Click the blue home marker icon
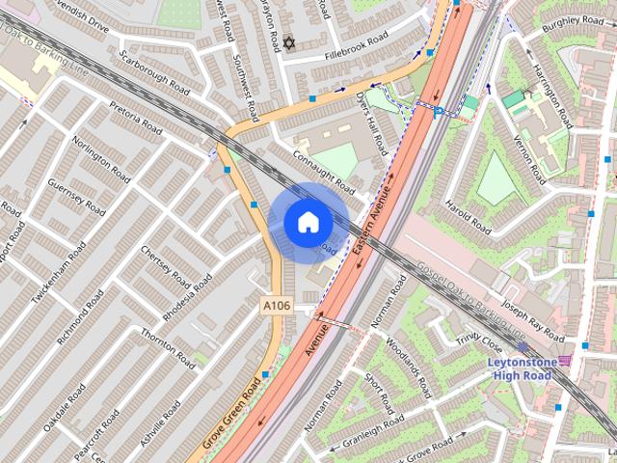[x=307, y=222]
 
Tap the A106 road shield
[x=277, y=306]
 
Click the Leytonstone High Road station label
[x=521, y=368]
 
